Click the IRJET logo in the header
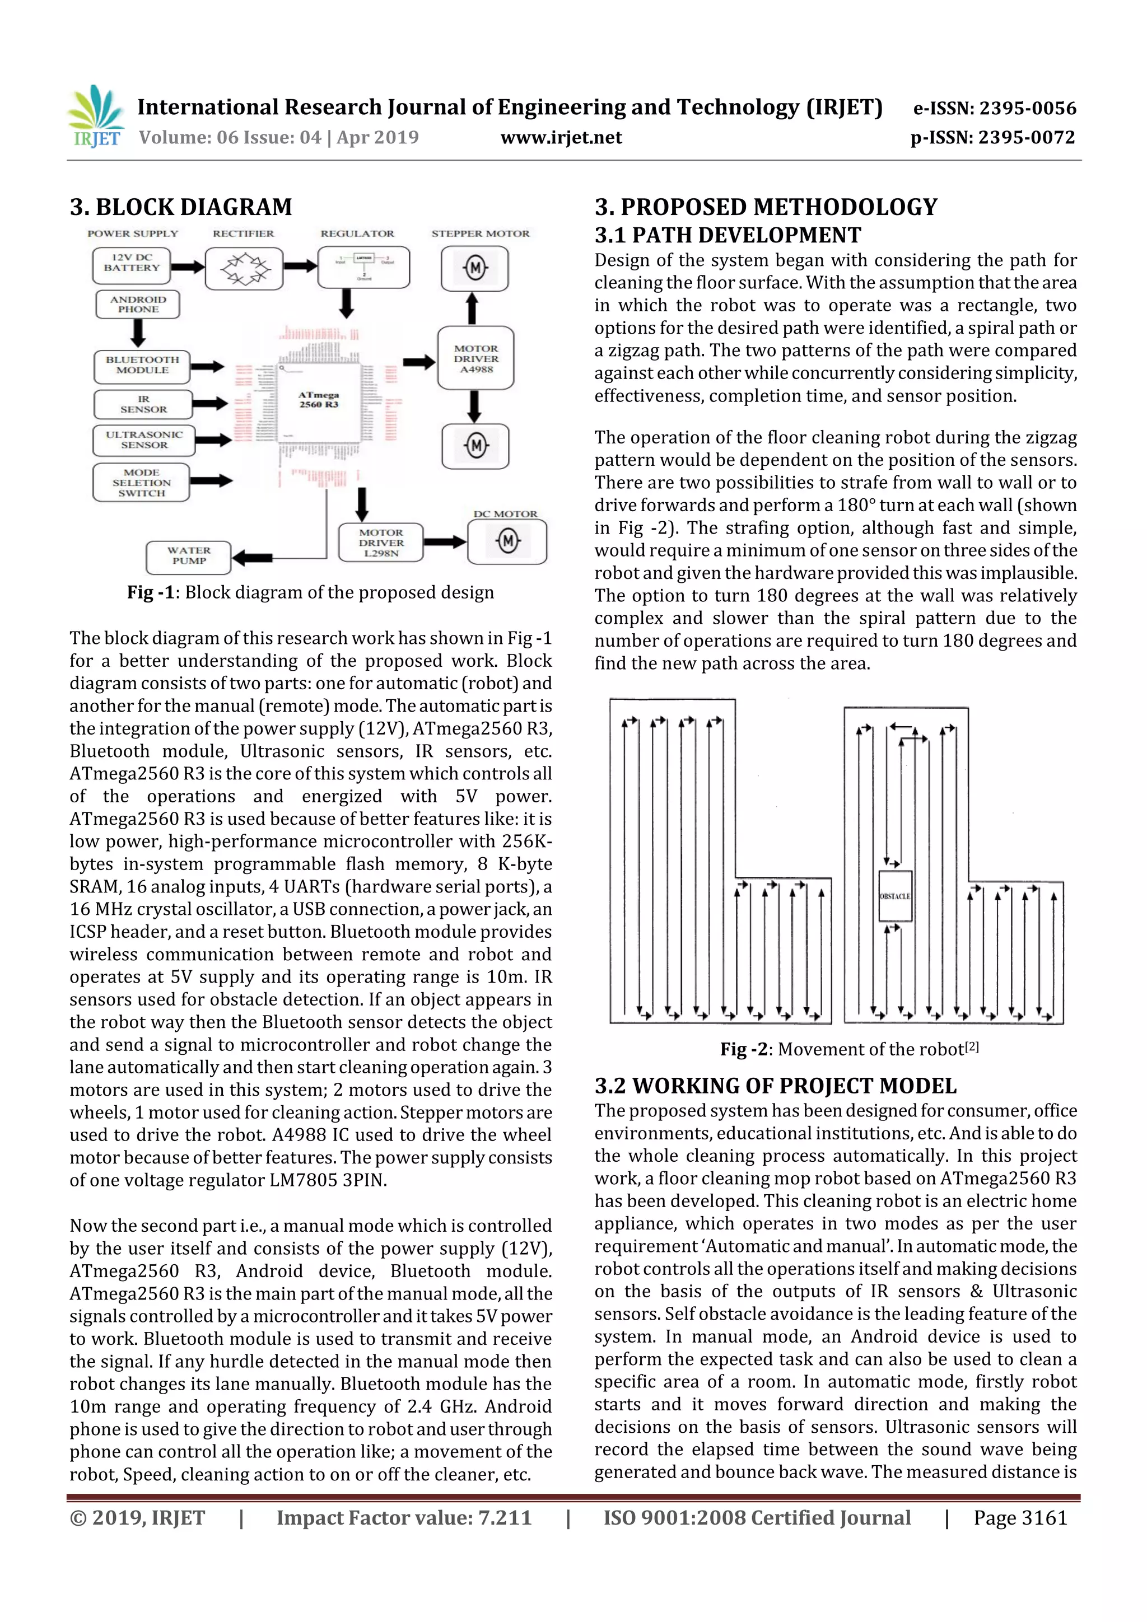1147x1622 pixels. pos(95,116)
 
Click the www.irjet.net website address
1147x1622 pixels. pos(561,138)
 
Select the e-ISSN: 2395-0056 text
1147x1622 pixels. pos(994,108)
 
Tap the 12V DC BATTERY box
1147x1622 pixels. pos(132,265)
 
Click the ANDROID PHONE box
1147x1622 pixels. pos(138,305)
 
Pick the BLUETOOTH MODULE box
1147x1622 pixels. pos(142,365)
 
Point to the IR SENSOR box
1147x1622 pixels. pos(143,405)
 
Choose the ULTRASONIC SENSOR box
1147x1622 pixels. pos(143,440)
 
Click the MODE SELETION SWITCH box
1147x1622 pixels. pos(141,483)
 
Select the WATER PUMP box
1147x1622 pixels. pos(189,557)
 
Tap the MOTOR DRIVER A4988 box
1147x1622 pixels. pos(475,358)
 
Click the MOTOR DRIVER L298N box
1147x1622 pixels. pos(381,543)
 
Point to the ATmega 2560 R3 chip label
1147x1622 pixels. pos(319,400)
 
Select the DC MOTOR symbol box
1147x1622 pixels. pos(507,542)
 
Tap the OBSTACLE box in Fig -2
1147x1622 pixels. pos(895,896)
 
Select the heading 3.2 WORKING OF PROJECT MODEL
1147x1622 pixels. pos(775,1085)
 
